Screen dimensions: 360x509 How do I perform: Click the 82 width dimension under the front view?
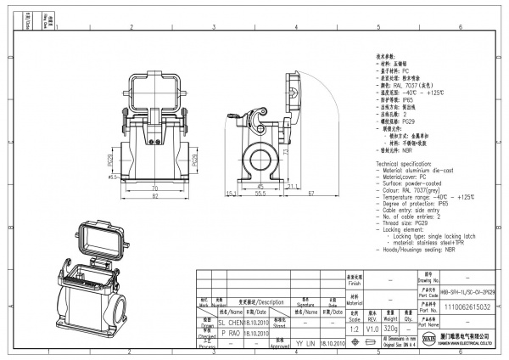154,197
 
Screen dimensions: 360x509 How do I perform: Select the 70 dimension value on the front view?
154,187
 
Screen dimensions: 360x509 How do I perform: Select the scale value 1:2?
354,326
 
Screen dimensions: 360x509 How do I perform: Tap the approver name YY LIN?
305,345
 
